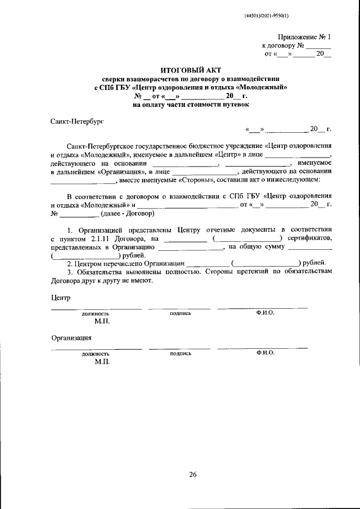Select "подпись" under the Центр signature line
click(180, 313)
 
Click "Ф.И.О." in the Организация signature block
click(264, 353)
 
